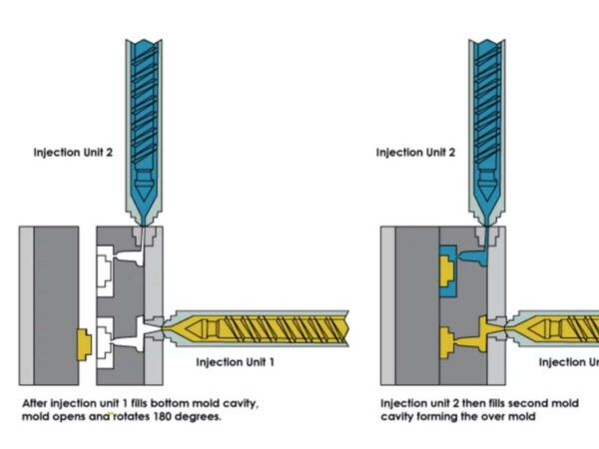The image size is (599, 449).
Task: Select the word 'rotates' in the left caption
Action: coord(135,417)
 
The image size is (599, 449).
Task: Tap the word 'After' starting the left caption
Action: coord(36,402)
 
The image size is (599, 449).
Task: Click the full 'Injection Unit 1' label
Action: coord(236,361)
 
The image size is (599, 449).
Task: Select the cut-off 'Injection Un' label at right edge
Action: coord(568,361)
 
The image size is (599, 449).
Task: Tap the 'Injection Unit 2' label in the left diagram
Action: coord(76,153)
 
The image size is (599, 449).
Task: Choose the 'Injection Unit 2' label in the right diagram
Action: coord(417,153)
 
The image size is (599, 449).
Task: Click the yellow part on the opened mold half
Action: coord(84,343)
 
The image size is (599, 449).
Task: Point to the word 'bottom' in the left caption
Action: coord(174,402)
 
